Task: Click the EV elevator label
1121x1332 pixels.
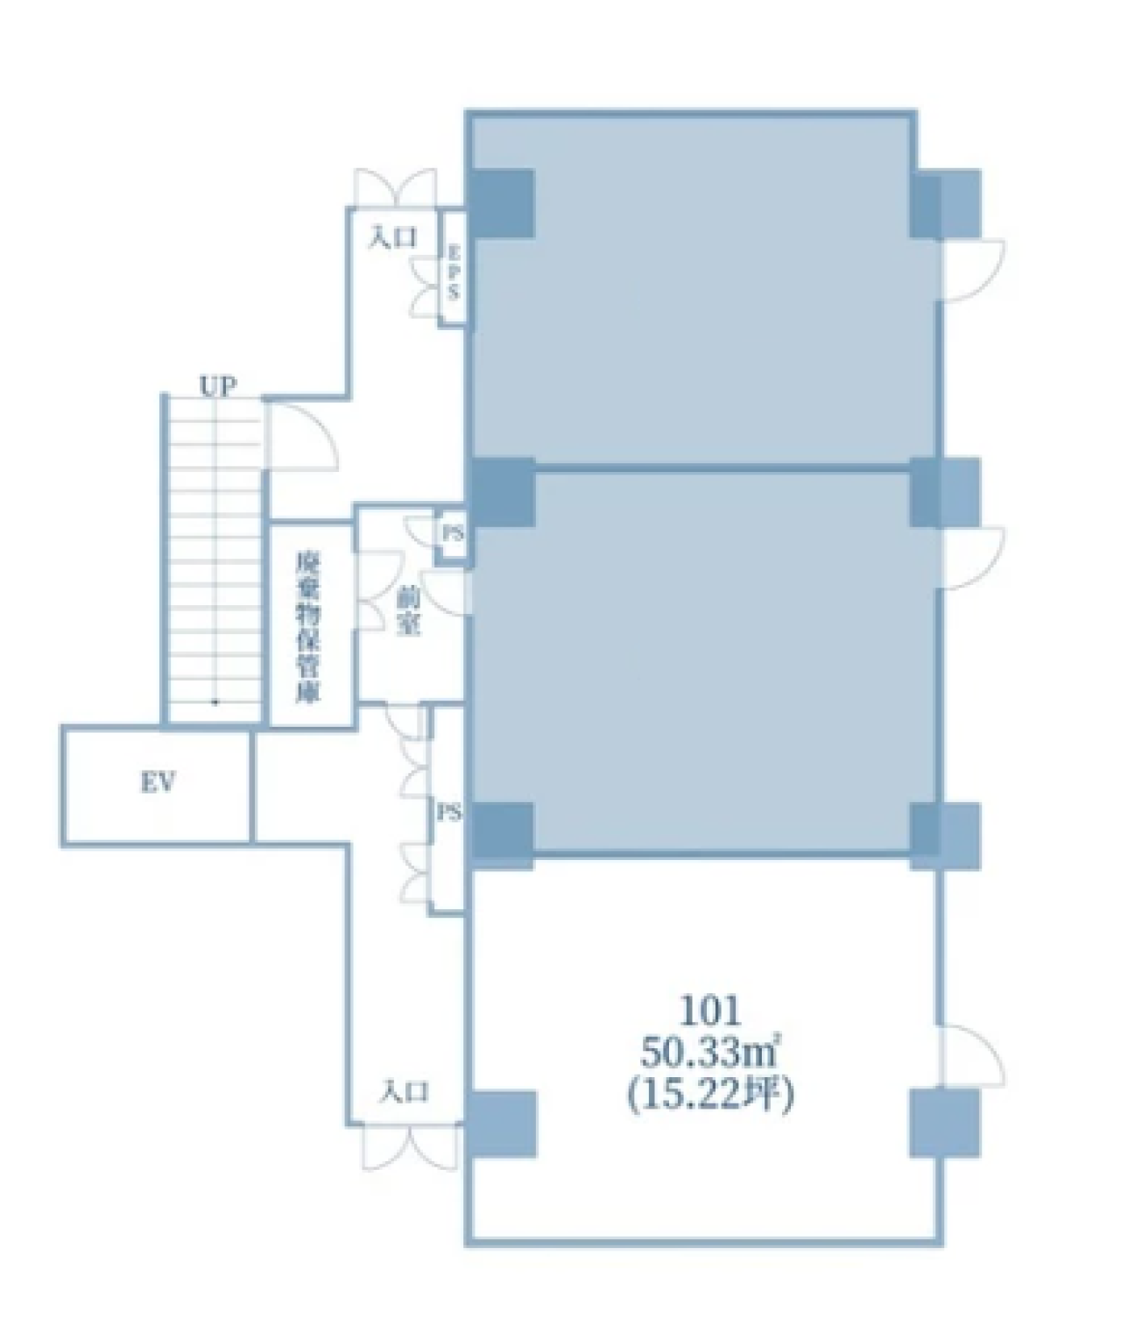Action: coord(158,782)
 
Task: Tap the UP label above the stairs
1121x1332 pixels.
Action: coord(217,386)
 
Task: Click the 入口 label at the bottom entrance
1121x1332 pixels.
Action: coord(404,1092)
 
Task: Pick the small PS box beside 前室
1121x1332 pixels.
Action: coord(453,533)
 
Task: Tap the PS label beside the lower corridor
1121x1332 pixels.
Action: coord(449,814)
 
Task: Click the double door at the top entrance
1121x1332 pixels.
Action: coord(396,189)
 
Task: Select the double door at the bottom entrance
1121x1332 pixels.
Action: coord(411,1147)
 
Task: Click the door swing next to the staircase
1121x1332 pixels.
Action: coord(300,434)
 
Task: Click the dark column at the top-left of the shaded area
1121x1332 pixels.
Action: coord(502,203)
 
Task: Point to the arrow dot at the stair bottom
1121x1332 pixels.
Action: coord(215,702)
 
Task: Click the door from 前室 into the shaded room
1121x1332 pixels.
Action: coord(447,593)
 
